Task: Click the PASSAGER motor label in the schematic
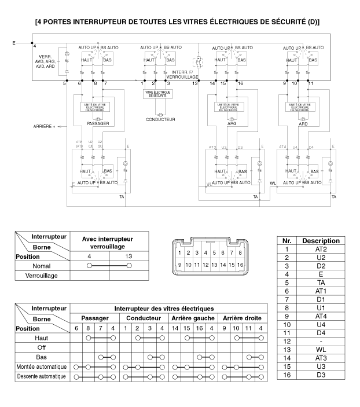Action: click(97, 123)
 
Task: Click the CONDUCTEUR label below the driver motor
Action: click(160, 120)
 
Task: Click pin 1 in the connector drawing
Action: click(180, 252)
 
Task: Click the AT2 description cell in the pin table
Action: click(320, 248)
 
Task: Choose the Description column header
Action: click(320, 240)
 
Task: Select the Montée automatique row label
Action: click(41, 367)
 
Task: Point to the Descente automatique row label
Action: click(41, 377)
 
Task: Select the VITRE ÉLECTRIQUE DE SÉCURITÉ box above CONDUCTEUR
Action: click(160, 93)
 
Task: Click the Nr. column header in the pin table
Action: click(286, 240)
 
